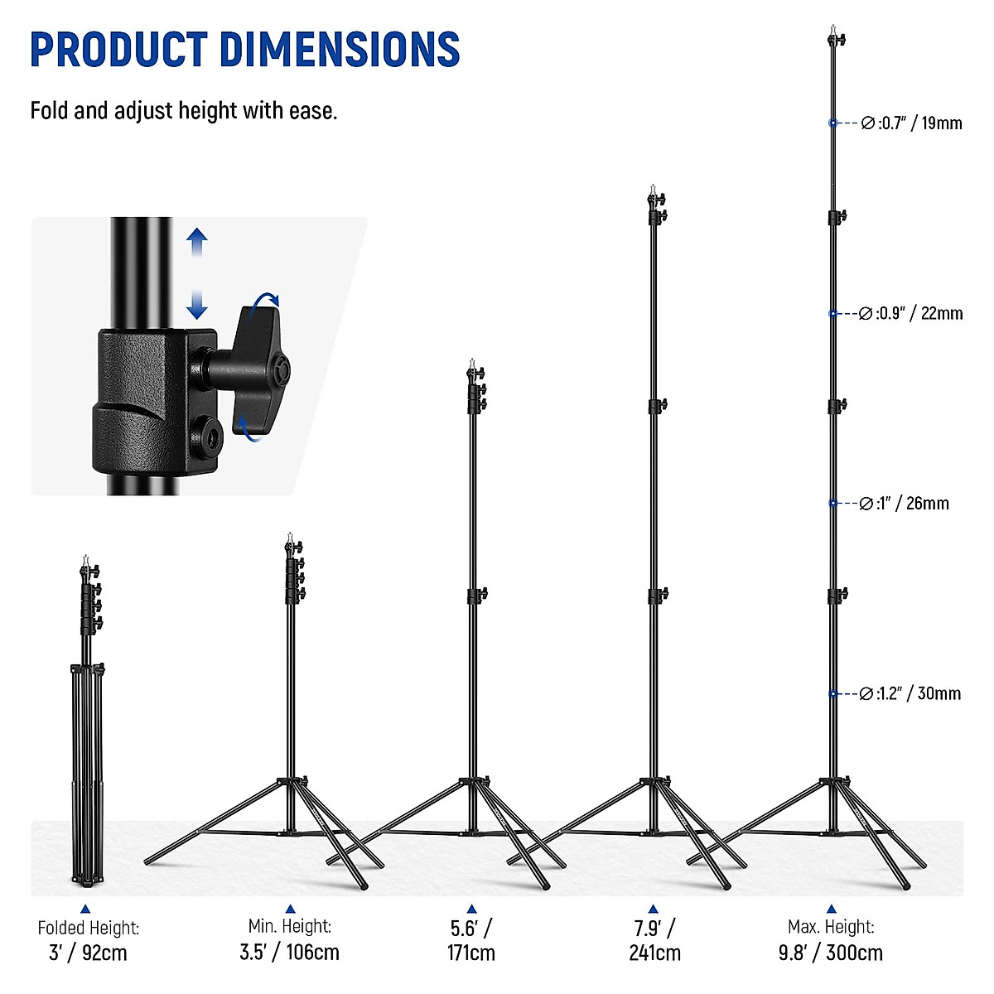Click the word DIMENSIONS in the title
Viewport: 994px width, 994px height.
tap(340, 50)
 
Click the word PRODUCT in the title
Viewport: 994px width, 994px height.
tap(118, 50)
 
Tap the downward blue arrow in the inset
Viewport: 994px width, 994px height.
tap(196, 305)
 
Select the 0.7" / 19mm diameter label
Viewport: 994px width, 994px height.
tap(911, 123)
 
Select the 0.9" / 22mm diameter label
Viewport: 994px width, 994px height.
tap(911, 314)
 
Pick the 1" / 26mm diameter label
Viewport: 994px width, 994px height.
tap(905, 504)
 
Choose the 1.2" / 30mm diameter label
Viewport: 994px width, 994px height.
tap(910, 693)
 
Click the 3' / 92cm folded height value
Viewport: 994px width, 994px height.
tap(88, 953)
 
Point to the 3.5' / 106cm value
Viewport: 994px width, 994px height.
tap(289, 952)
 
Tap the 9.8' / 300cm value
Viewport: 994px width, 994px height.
tap(830, 953)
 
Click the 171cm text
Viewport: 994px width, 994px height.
tap(471, 953)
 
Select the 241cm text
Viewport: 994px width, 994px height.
tap(654, 953)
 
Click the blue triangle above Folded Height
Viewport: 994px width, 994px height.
tap(84, 909)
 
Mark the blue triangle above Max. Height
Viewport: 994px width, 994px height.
tap(831, 909)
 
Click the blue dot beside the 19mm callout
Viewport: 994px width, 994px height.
tap(832, 123)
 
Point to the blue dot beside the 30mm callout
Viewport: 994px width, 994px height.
tap(832, 693)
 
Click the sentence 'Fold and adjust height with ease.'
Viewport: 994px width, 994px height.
tap(184, 110)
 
